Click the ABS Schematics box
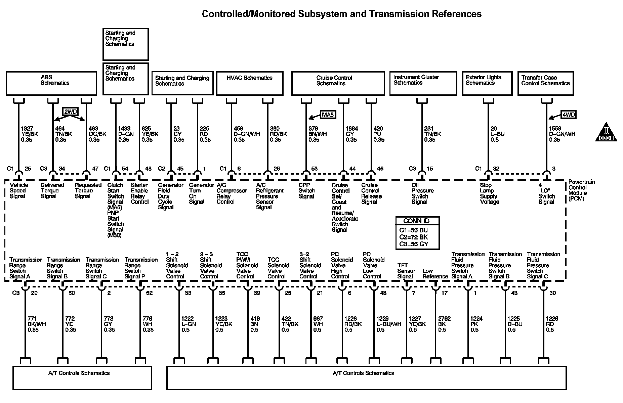click(51, 83)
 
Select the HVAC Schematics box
click(250, 83)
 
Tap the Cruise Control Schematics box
click(338, 83)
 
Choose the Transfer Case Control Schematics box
click(545, 83)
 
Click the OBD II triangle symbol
click(606, 132)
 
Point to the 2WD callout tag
click(70, 112)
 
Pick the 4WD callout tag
click(569, 115)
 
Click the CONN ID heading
click(418, 221)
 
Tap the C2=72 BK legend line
click(413, 237)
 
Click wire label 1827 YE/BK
click(29, 134)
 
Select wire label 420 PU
click(379, 134)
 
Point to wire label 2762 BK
click(444, 324)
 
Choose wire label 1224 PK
click(476, 324)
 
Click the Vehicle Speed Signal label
click(19, 190)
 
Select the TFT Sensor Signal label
click(406, 271)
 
